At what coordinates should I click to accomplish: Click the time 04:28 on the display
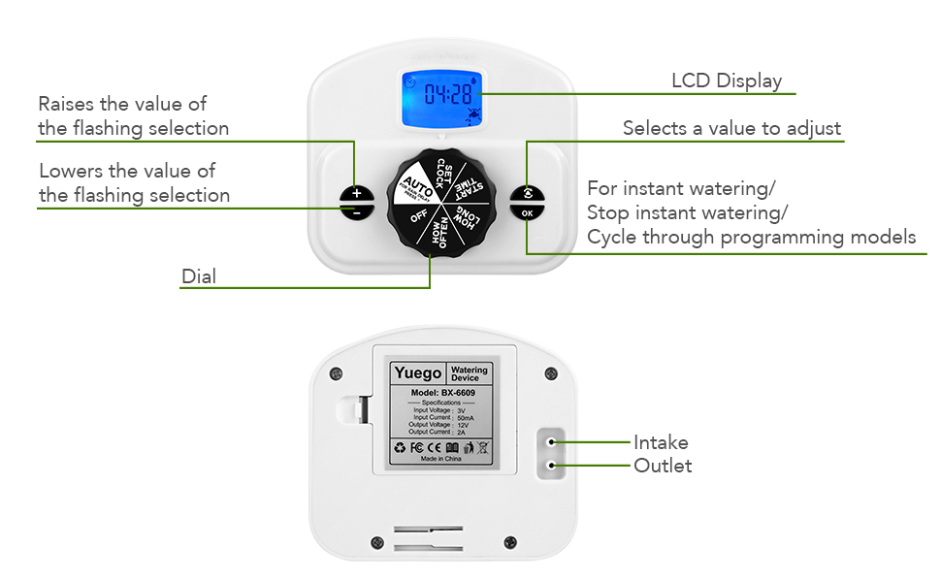coord(447,94)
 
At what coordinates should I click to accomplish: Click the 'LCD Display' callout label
coord(727,81)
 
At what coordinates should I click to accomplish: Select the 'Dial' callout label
coord(199,276)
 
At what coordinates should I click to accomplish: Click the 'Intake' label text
coord(661,442)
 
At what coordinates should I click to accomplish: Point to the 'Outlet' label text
coord(663,466)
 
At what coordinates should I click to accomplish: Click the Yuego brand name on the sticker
coord(417,373)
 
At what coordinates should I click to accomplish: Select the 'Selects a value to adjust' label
coord(731,128)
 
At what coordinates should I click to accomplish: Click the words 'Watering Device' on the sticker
coord(470,373)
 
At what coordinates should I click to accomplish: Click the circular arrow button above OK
coord(526,192)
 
